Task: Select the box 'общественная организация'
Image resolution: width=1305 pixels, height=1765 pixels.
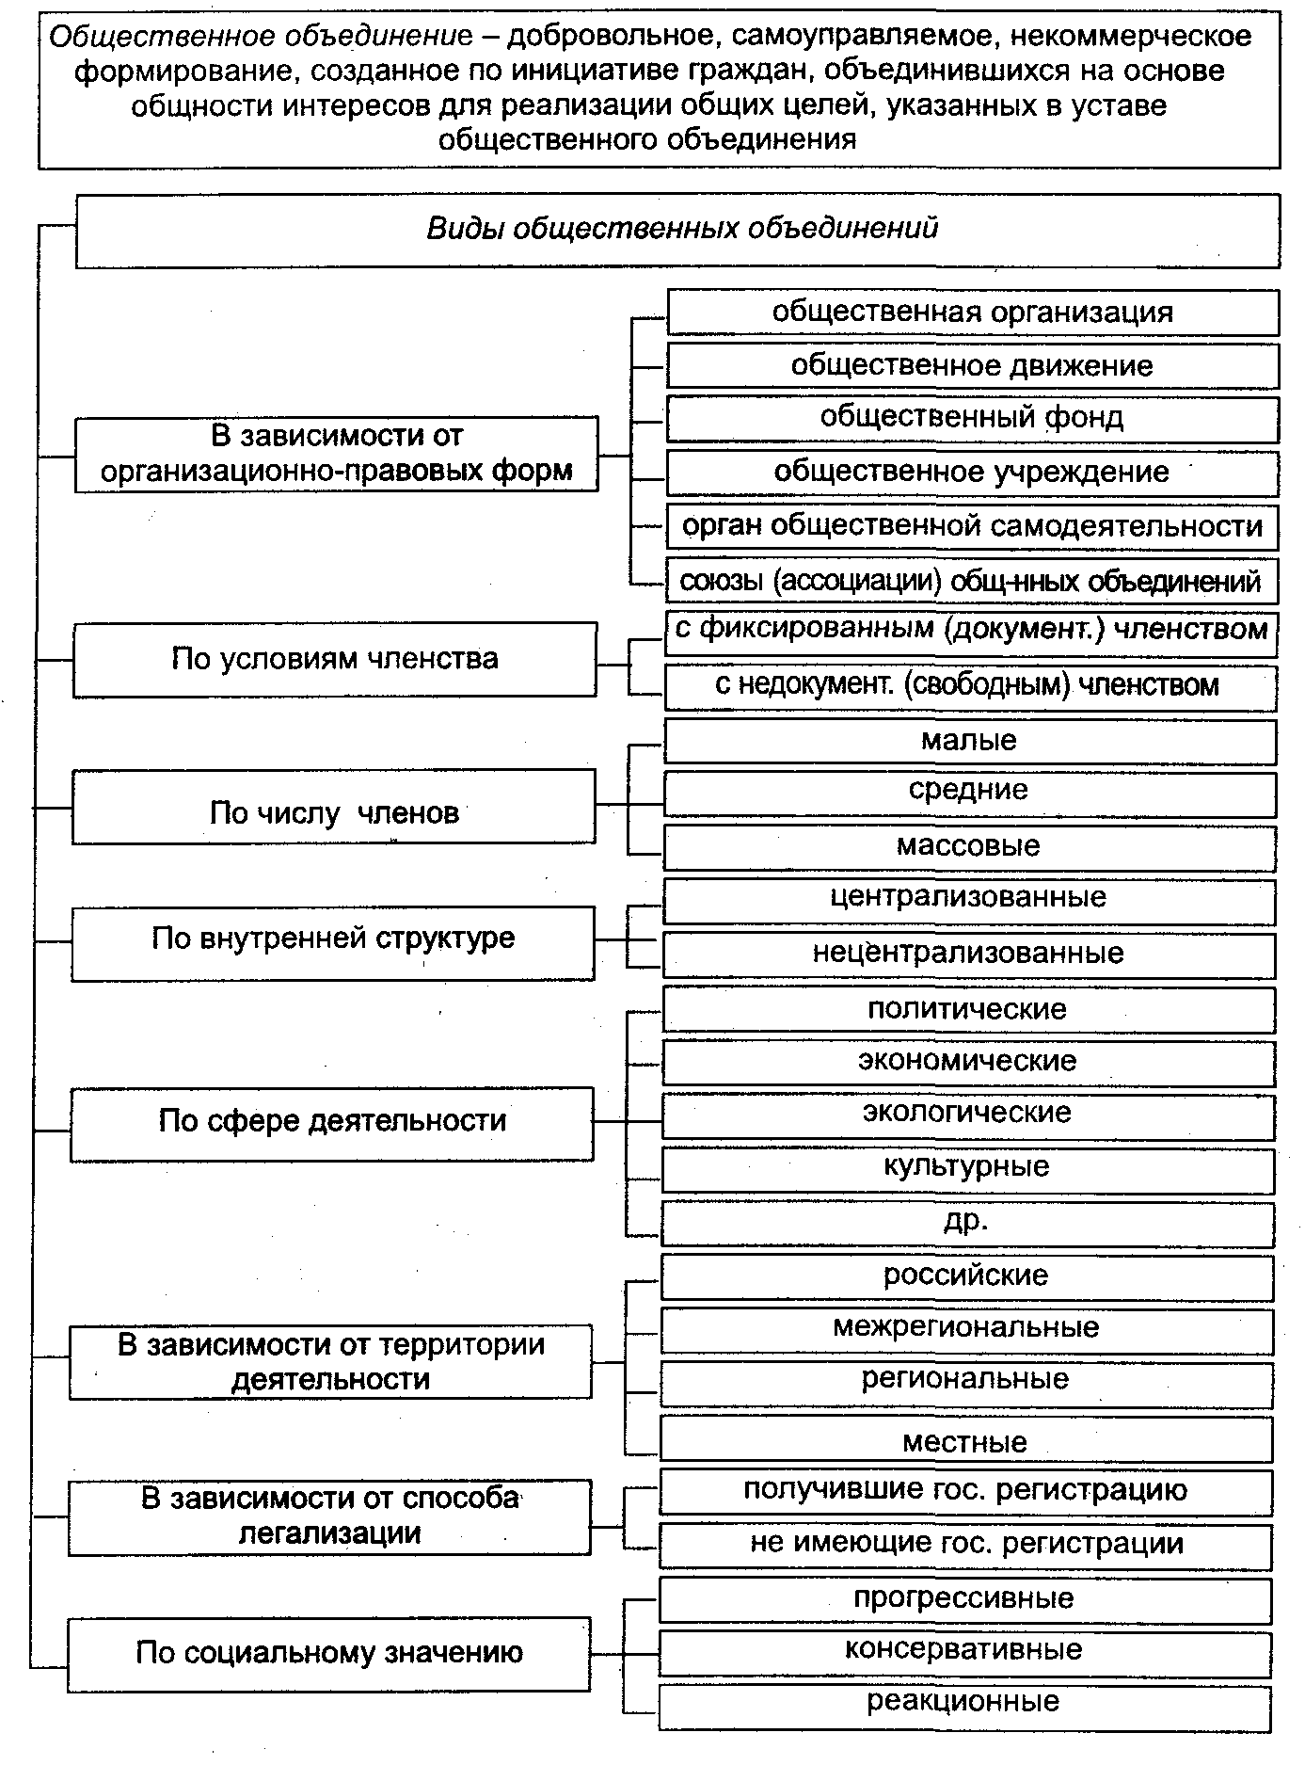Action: point(973,313)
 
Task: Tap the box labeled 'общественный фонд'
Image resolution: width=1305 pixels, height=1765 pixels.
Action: point(973,418)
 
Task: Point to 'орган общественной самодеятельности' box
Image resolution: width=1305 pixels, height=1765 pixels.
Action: point(973,526)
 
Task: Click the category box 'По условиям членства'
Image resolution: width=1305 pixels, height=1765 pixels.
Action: point(335,659)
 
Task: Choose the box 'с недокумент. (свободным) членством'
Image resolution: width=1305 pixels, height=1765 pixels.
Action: point(970,686)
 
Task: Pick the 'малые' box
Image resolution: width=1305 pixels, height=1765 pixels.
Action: point(970,741)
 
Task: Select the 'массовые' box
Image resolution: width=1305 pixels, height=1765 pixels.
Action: point(970,846)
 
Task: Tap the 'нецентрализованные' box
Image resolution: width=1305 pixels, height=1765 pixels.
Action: point(969,954)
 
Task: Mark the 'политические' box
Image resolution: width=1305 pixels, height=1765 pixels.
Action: point(968,1010)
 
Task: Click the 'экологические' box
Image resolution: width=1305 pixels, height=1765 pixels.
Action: point(968,1115)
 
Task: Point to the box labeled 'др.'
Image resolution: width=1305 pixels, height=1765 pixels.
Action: point(968,1222)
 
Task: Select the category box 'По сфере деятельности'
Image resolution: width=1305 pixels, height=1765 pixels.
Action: point(332,1123)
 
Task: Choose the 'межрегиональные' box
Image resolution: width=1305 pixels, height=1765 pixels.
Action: point(967,1329)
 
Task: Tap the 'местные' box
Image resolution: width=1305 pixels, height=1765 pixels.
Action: point(966,1440)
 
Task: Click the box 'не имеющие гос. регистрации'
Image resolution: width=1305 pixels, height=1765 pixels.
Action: point(966,1545)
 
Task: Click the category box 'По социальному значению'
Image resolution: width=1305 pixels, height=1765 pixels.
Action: point(329,1654)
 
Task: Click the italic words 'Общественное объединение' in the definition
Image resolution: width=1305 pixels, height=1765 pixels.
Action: point(262,38)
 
